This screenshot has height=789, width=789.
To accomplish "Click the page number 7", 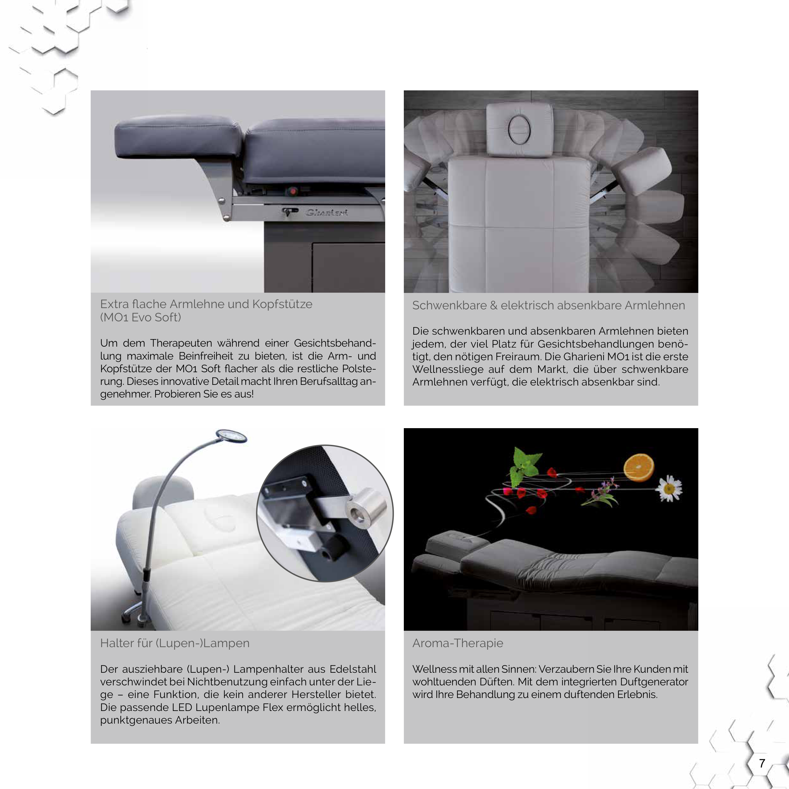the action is (762, 763).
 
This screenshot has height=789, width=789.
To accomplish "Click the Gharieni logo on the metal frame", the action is (327, 212).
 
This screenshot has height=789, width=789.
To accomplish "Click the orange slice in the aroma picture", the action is (639, 467).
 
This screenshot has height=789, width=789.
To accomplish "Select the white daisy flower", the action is (669, 488).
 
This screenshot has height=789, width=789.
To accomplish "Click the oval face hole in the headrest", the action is (519, 130).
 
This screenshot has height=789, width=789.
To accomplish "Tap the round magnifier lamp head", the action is (231, 436).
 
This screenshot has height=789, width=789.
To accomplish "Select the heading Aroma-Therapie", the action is (458, 643).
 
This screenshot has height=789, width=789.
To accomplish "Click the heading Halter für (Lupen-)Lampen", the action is (175, 643).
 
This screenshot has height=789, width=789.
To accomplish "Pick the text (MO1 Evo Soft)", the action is (141, 317).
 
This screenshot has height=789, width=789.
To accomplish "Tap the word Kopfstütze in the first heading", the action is (282, 304).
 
